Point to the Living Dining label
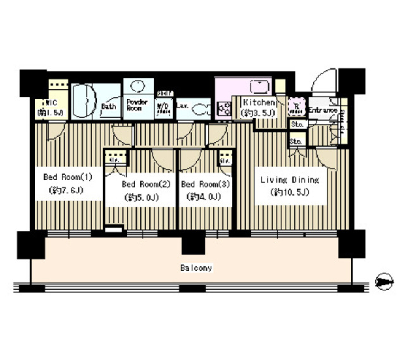pos(289,180)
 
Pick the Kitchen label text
pos(259,102)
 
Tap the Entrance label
pos(323,110)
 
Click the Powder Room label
pos(137,105)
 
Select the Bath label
pos(108,106)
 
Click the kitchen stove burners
pos(223,110)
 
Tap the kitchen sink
pos(257,87)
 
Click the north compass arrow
pos(383,282)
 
